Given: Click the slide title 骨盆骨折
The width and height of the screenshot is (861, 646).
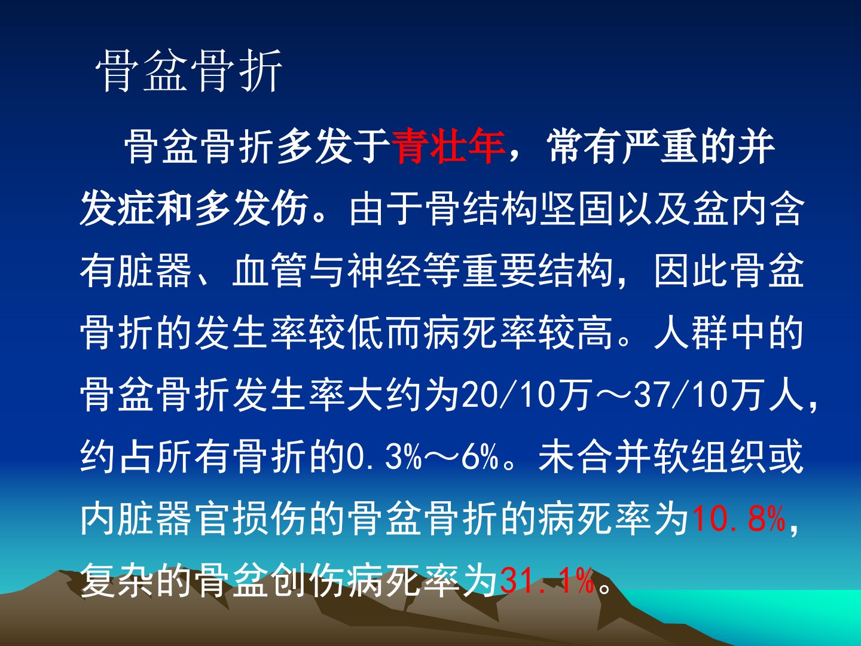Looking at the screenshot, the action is pos(189,71).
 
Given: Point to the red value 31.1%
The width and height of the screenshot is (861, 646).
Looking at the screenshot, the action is pos(547,581).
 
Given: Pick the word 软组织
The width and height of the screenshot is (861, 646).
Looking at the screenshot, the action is pos(709,456).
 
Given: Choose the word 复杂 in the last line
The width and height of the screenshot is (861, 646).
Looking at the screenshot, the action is pos(117,581).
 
